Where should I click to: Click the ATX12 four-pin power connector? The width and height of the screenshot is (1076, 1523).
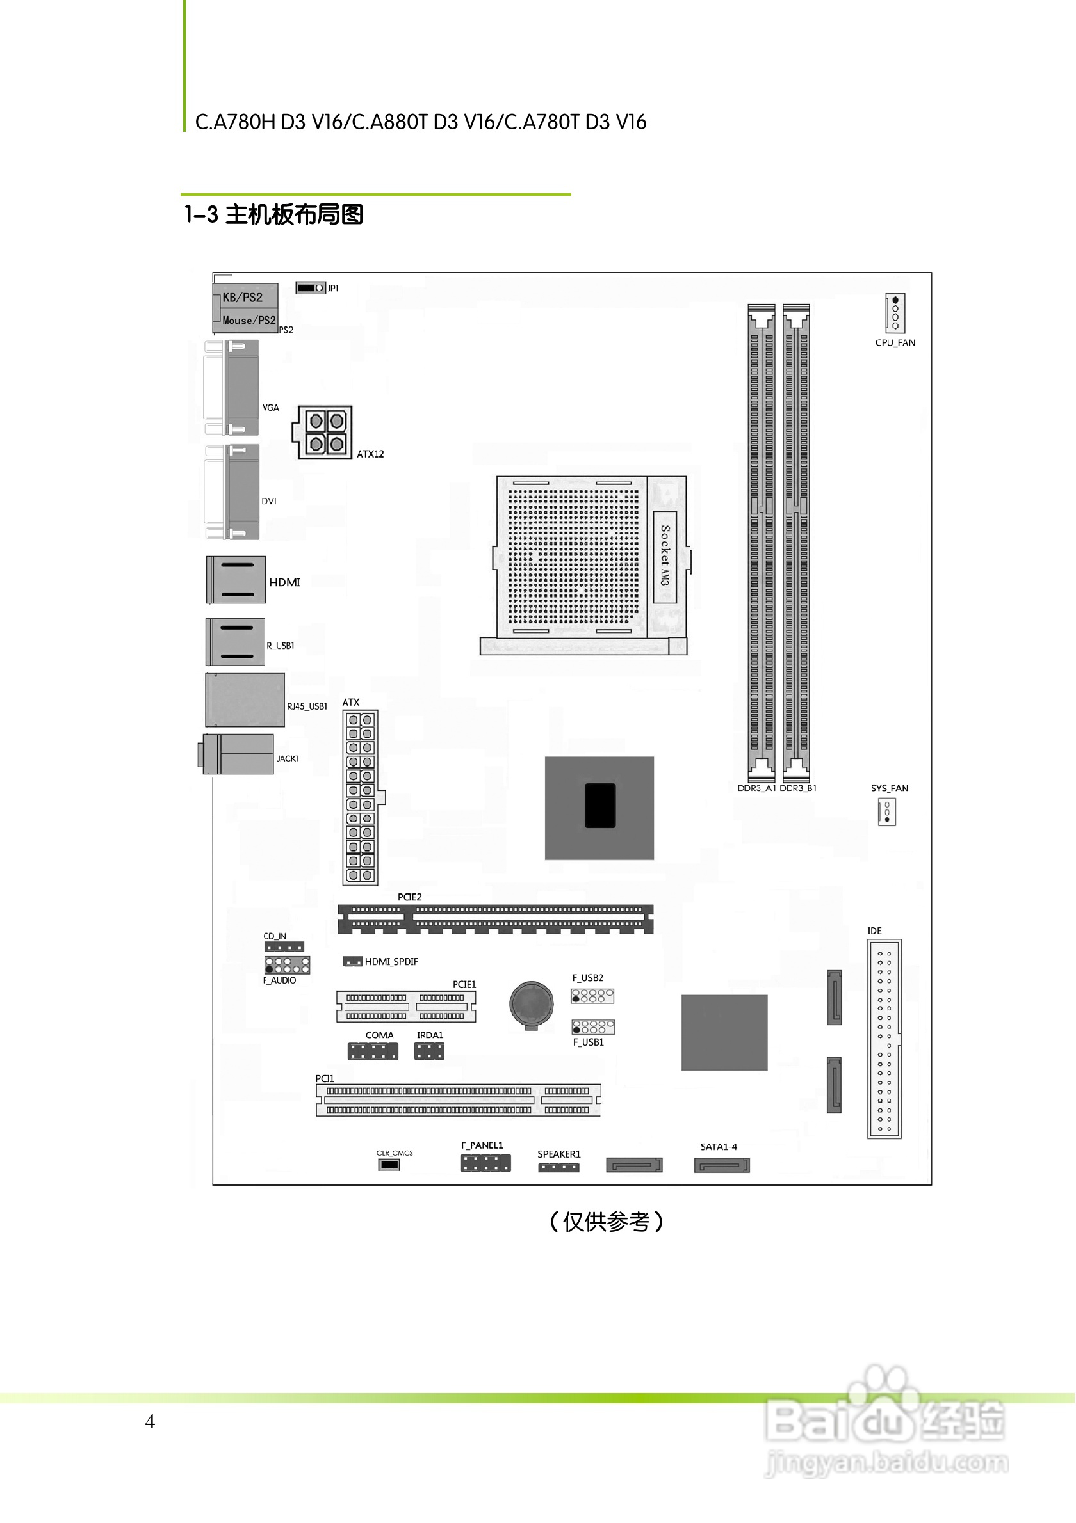tap(325, 432)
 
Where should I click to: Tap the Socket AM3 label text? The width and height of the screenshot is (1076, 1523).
tap(665, 555)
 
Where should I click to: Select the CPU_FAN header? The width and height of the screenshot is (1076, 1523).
tap(895, 313)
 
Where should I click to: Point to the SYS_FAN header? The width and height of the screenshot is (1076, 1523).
tap(887, 812)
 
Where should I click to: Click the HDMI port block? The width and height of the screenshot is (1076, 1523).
tap(236, 580)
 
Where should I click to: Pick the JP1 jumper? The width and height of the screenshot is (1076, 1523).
tap(311, 288)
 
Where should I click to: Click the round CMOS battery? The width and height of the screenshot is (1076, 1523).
tap(531, 1003)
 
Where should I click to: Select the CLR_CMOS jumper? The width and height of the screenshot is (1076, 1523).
tap(389, 1165)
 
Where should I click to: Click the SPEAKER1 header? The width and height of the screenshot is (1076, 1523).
tap(558, 1167)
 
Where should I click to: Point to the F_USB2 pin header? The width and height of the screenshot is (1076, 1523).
tap(592, 996)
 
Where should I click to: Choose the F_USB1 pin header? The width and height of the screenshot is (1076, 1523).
tap(593, 1027)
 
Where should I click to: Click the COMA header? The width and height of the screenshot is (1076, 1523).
tap(373, 1051)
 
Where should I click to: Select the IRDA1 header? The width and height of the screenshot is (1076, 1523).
tap(429, 1051)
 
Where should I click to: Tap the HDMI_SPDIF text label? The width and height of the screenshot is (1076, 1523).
tap(391, 961)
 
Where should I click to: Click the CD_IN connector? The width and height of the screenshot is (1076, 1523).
tap(284, 946)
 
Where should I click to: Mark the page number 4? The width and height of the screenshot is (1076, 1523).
tap(150, 1421)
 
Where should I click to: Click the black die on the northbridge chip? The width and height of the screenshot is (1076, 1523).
tap(599, 805)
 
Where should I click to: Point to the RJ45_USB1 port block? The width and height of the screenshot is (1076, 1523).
tap(245, 700)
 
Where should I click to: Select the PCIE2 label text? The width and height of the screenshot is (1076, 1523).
tap(409, 897)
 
